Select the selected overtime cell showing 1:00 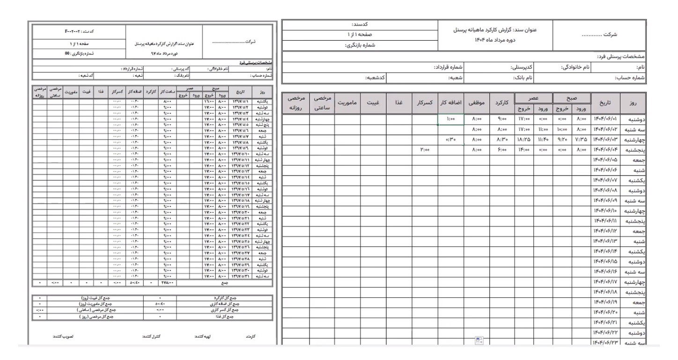click(451, 119)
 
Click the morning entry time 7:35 click(580, 140)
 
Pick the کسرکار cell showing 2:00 click(424, 149)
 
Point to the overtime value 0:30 click(451, 140)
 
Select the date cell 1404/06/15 click(605, 261)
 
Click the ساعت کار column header click(168, 92)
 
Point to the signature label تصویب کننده click(64, 336)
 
